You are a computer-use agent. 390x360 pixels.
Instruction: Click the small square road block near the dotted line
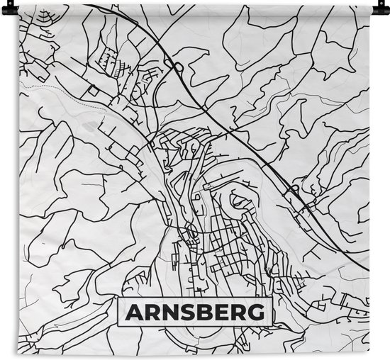(93, 91)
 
